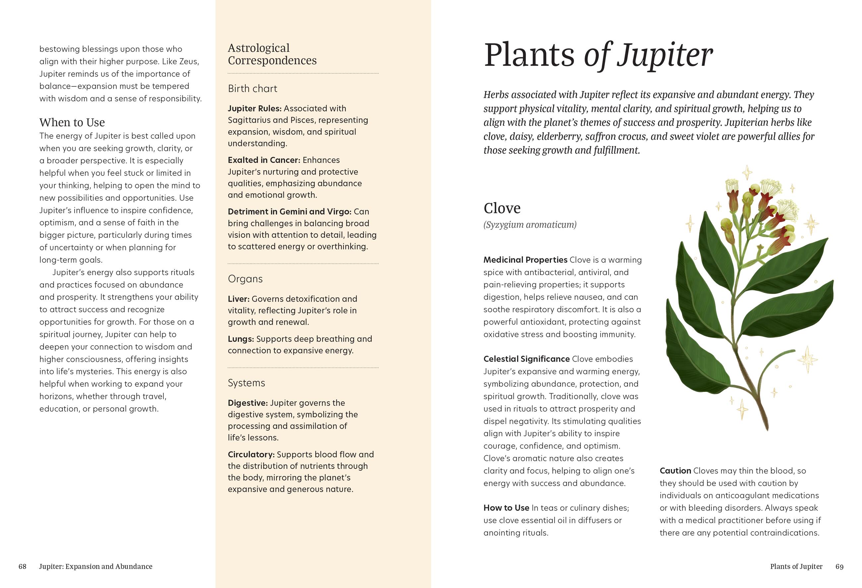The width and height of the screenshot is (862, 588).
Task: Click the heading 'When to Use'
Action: coord(72,122)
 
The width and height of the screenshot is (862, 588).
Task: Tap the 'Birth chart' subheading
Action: coord(252,88)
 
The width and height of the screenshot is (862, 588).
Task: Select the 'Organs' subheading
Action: coord(245,279)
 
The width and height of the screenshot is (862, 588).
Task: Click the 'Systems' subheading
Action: coord(246,383)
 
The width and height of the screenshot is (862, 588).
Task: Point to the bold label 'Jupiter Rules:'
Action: coord(254,109)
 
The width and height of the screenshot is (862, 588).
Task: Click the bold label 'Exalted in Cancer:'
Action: coord(264,160)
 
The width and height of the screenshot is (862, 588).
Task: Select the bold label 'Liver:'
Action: coord(238,299)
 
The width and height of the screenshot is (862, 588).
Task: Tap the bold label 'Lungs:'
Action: coord(241,339)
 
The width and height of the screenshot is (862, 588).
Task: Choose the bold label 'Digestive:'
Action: coord(247,403)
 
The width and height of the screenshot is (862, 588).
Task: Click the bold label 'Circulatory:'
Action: coord(251,455)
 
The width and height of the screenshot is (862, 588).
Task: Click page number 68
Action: coord(22,566)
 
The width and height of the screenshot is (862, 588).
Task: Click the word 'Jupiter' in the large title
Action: coord(664,56)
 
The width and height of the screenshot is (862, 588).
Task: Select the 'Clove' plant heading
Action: coord(502,208)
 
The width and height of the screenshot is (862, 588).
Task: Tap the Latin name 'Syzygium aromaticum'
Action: coord(530,224)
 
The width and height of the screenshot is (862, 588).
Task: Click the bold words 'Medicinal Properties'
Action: coord(525,260)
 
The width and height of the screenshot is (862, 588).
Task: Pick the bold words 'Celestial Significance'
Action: coord(526,359)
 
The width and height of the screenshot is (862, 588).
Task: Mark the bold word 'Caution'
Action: coord(675,471)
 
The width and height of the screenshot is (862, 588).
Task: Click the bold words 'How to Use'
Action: coord(506,508)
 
